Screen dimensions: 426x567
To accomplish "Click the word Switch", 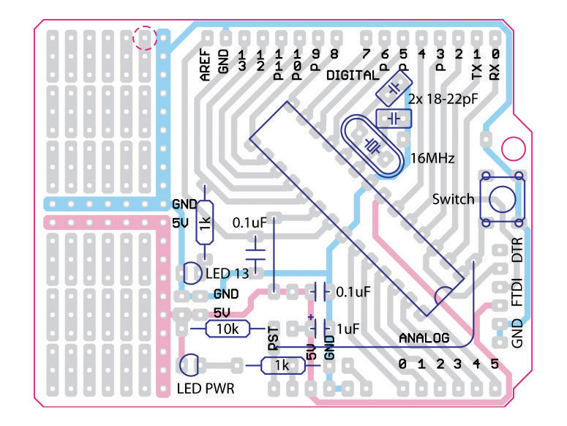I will (x=454, y=199).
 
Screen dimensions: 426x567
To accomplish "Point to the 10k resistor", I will (x=228, y=329).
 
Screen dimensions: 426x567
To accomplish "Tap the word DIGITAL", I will (x=353, y=75).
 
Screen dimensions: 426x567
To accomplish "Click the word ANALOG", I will (x=424, y=339).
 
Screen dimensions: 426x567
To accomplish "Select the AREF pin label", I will (x=206, y=64).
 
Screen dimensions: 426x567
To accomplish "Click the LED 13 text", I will (x=227, y=274).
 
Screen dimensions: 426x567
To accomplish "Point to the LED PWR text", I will (x=206, y=389).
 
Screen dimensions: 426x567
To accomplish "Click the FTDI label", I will (x=518, y=292).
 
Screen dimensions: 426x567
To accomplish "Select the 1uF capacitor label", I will (x=348, y=329).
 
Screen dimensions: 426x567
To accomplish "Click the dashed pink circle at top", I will (x=145, y=37).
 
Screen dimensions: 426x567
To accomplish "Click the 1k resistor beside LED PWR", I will (x=282, y=365).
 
